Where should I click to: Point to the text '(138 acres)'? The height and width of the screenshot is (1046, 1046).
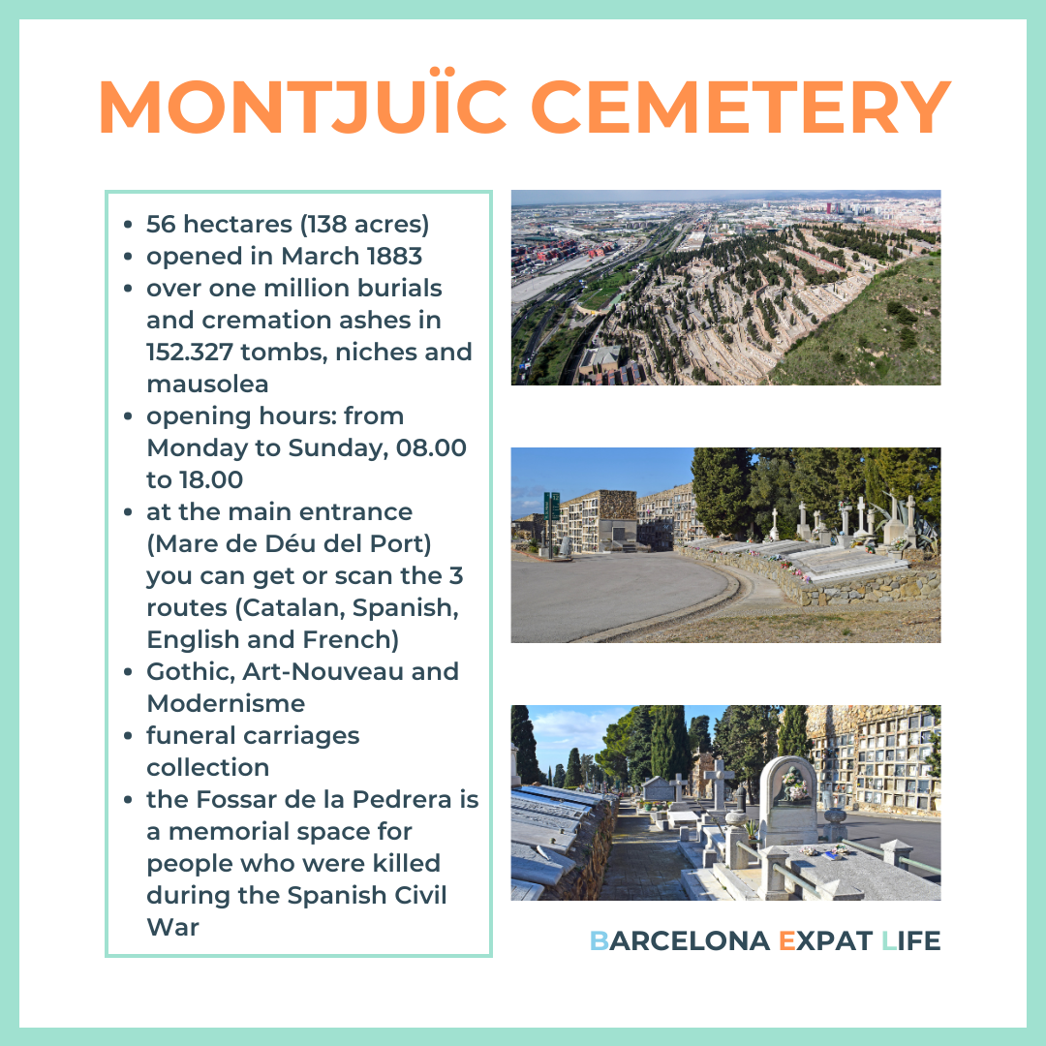pyautogui.click(x=364, y=225)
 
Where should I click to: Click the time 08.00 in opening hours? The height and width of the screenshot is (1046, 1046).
pyautogui.click(x=431, y=447)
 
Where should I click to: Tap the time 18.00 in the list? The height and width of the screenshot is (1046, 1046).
pyautogui.click(x=210, y=479)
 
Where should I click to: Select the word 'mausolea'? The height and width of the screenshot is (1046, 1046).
pyautogui.click(x=207, y=384)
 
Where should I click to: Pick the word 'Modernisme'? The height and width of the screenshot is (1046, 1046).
pyautogui.click(x=226, y=703)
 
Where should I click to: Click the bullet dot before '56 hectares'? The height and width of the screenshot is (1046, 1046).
pyautogui.click(x=129, y=225)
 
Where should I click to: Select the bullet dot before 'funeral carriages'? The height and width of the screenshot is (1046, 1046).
pyautogui.click(x=129, y=735)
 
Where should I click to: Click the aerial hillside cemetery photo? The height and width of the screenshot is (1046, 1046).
pyautogui.click(x=725, y=288)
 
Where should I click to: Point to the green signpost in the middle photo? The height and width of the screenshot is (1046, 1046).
pyautogui.click(x=551, y=518)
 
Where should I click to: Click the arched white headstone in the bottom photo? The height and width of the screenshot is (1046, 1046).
pyautogui.click(x=788, y=799)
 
